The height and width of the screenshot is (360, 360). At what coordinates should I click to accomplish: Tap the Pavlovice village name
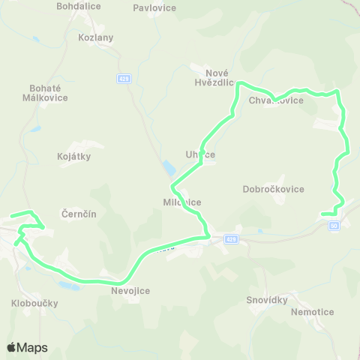154,8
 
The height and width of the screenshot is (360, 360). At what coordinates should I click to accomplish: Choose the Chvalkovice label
281,100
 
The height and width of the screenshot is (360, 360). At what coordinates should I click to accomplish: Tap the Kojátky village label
73,157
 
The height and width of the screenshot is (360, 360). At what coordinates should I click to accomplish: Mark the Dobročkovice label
274,189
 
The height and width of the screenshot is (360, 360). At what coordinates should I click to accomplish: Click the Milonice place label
182,202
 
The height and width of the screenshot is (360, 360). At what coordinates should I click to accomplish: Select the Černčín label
79,214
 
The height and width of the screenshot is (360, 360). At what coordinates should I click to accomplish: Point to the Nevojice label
130,291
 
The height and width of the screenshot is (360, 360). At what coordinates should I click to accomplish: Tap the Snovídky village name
267,300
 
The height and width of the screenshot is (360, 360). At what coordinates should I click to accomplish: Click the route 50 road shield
334,225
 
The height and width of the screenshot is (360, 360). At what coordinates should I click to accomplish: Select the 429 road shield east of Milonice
231,239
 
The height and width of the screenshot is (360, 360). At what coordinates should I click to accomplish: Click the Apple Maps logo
27,347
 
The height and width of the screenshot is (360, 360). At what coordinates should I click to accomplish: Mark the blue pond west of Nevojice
67,286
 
